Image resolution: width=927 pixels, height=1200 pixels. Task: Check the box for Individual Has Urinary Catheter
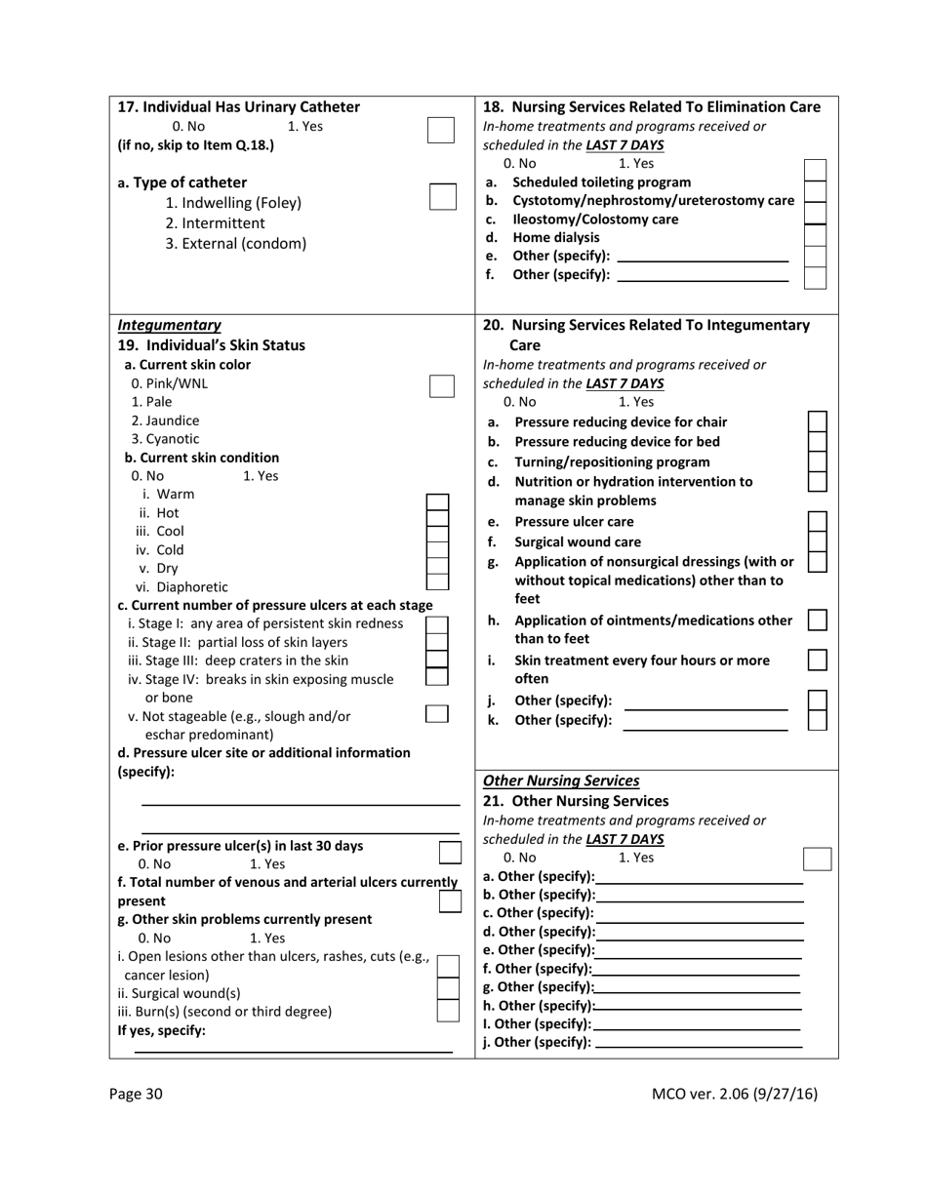[x=441, y=131]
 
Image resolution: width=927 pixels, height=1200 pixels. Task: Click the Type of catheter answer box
[x=443, y=197]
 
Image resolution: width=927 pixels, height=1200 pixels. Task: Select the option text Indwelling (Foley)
[x=233, y=203]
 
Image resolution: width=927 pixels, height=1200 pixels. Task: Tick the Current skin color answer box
[x=442, y=385]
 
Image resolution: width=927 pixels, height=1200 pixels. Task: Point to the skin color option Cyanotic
[x=165, y=439]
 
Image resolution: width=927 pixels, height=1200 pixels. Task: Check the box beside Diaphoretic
[x=438, y=581]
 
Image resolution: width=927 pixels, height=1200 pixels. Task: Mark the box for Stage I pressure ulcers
[x=437, y=623]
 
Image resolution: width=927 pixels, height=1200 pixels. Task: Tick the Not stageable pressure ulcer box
[x=437, y=713]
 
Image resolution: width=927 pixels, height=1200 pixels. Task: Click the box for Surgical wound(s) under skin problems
[x=448, y=988]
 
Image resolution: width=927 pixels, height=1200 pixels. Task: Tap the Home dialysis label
[x=556, y=237]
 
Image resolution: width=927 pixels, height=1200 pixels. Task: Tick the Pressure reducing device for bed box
[x=818, y=441]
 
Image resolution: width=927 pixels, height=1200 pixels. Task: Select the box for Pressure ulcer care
[x=818, y=522]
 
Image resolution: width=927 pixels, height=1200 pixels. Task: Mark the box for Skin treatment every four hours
[x=818, y=660]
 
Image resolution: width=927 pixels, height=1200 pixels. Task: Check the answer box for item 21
[x=817, y=859]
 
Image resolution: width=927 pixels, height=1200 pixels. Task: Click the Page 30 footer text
[x=136, y=1094]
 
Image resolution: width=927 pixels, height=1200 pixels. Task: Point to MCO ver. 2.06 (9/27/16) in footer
[x=734, y=1094]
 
